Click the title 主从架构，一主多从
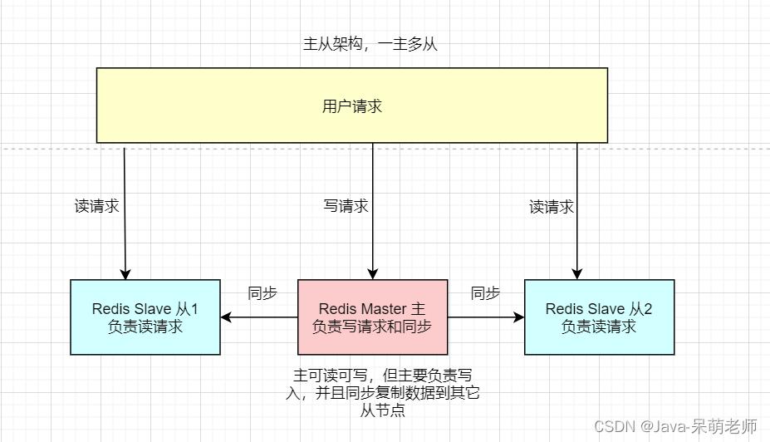click(370, 45)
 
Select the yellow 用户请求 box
click(351, 106)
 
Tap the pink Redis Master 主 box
click(372, 317)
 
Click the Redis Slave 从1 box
click(145, 317)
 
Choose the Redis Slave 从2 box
click(599, 317)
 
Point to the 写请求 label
click(346, 206)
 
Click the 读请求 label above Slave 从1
click(97, 207)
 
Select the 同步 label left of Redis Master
click(262, 293)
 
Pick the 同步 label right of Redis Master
click(485, 293)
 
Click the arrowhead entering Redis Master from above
click(372, 273)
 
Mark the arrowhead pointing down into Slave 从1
click(126, 273)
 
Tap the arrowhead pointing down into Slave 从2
click(576, 273)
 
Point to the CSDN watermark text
click(675, 426)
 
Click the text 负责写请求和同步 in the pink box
click(372, 327)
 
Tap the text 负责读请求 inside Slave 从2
click(599, 327)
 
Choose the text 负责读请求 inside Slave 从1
click(145, 327)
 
